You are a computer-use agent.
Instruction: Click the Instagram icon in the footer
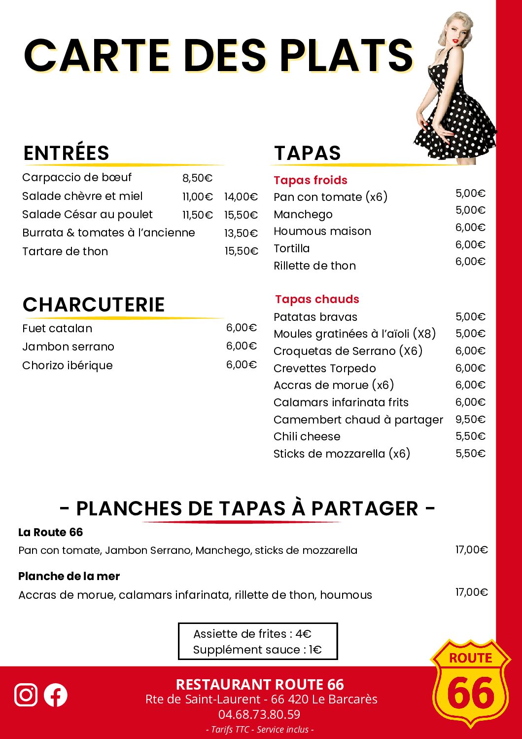[x=26, y=695]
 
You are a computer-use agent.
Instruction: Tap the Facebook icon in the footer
[x=56, y=695]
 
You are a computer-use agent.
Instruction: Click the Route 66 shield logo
[x=471, y=683]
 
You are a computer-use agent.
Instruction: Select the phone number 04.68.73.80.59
[x=259, y=714]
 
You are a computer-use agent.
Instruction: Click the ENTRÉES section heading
[x=67, y=153]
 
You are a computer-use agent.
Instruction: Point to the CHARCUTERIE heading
[x=94, y=305]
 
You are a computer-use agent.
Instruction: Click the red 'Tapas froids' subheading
[x=311, y=180]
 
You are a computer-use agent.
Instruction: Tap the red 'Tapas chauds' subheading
[x=317, y=299]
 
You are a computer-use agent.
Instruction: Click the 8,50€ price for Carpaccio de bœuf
[x=197, y=178]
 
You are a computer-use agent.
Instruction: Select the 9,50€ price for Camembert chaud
[x=470, y=420]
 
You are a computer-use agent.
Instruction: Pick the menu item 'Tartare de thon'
[x=65, y=251]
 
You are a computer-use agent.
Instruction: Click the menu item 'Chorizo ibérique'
[x=68, y=365]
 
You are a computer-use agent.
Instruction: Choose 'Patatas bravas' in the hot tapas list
[x=315, y=317]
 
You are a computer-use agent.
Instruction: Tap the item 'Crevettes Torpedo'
[x=325, y=368]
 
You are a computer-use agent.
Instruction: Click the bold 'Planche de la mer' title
[x=69, y=576]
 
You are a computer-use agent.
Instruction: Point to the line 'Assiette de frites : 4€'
[x=252, y=634]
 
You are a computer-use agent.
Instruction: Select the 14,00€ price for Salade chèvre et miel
[x=241, y=197]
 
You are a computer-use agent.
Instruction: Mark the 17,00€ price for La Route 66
[x=471, y=549]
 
